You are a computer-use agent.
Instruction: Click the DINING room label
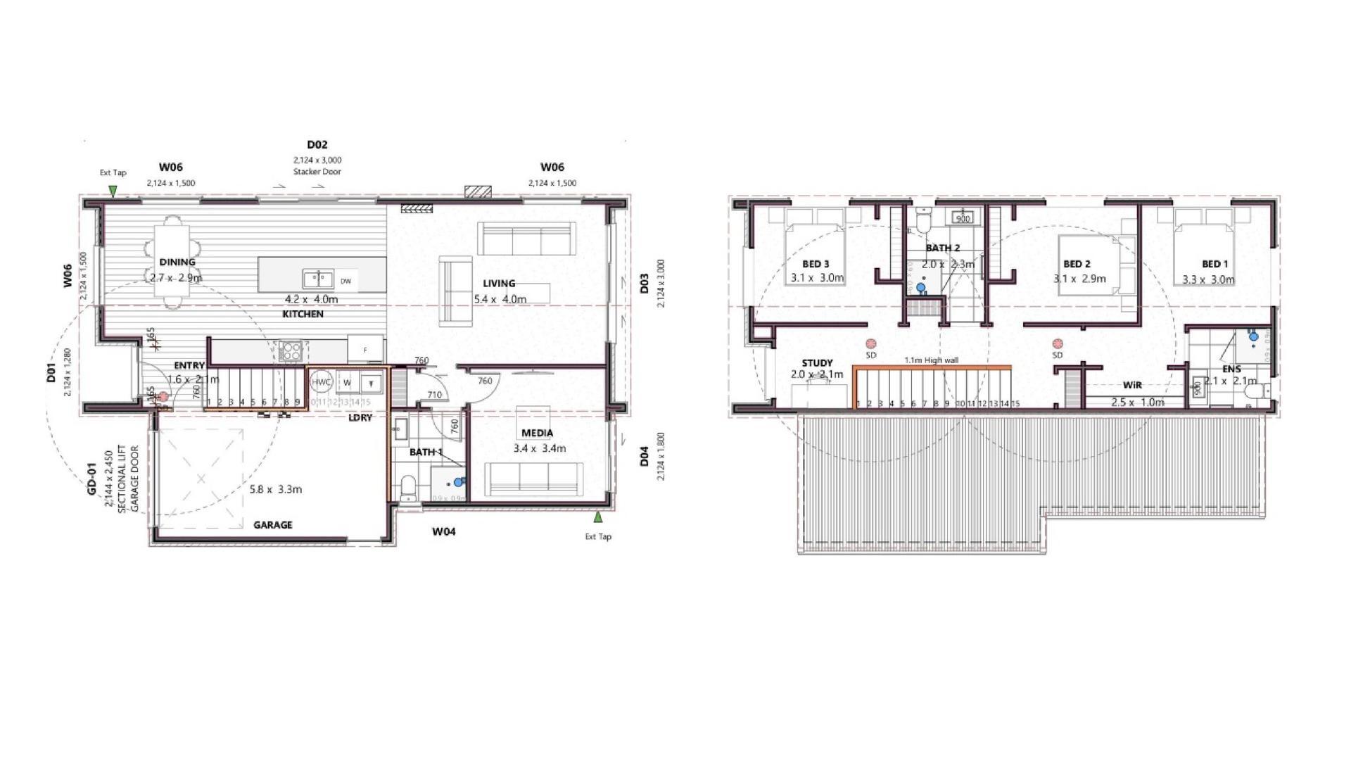point(177,262)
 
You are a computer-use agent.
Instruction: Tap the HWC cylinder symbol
point(322,382)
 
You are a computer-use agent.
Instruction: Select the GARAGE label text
point(272,525)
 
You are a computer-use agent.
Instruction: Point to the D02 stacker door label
point(317,145)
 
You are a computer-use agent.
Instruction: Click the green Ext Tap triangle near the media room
point(597,518)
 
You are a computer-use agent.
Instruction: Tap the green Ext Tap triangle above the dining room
point(113,191)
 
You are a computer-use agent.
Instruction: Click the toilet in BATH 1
point(408,487)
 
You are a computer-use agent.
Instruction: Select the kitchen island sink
point(318,279)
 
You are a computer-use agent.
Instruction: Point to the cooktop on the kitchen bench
point(291,350)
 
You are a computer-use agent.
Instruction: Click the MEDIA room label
point(537,433)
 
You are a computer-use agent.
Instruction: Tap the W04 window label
point(443,531)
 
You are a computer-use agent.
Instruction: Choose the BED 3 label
point(816,264)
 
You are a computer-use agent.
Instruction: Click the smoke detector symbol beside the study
point(871,344)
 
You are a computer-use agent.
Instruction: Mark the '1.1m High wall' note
point(931,360)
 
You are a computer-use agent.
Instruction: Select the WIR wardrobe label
point(1132,385)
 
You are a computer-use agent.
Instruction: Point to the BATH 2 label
point(942,248)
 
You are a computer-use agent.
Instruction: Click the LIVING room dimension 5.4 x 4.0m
point(500,299)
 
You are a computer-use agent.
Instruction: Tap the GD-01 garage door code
point(91,479)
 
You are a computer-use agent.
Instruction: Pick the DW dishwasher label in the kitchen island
point(345,281)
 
